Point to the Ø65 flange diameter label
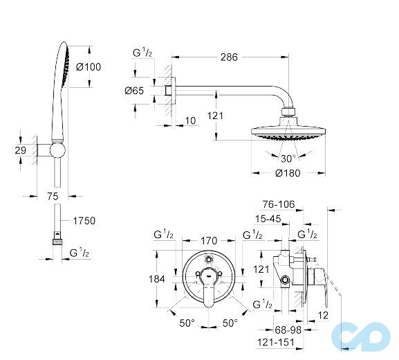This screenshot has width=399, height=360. tap(133, 91)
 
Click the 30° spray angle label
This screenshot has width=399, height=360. tap(288, 156)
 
